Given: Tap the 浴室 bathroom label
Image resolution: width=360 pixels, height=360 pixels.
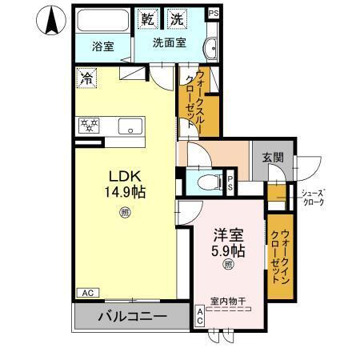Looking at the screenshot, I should [x=102, y=46].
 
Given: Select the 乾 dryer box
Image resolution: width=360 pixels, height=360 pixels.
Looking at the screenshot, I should [x=148, y=18].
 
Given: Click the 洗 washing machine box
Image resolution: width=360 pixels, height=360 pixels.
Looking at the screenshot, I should [x=174, y=18].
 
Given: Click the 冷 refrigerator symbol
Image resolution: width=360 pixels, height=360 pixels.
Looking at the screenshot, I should [x=86, y=78].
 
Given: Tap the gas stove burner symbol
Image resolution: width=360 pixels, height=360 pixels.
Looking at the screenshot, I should [x=87, y=126].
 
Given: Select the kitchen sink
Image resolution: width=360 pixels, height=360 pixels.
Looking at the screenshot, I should [x=128, y=126].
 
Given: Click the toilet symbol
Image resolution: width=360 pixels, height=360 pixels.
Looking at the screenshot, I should [x=206, y=180].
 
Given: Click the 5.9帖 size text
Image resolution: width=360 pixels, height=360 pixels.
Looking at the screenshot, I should [x=227, y=250].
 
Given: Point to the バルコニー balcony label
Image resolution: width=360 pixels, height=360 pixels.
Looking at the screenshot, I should [x=133, y=316].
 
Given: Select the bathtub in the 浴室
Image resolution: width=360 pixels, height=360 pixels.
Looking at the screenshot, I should [x=102, y=21].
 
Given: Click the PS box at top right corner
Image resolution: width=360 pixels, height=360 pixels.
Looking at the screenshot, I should [x=213, y=14].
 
